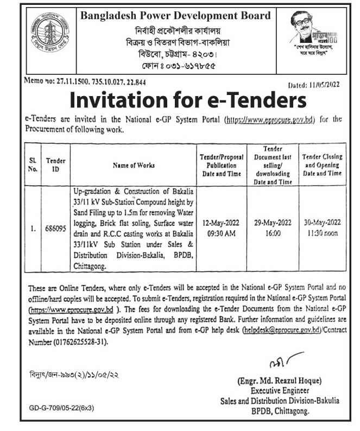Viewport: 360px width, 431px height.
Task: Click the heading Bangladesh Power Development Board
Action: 175,16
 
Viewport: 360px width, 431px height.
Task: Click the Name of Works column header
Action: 134,164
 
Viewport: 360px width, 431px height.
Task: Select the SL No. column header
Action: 33,165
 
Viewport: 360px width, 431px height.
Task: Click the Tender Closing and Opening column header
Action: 322,164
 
